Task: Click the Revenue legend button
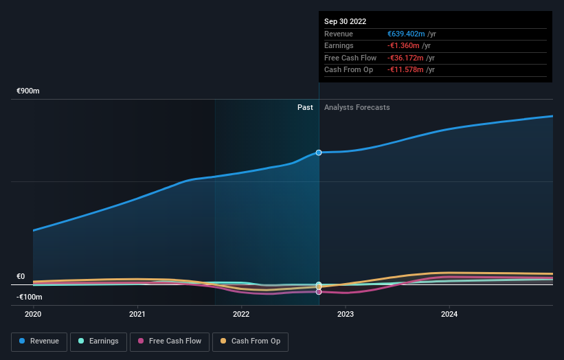39,341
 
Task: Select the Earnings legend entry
98,341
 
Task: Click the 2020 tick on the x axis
33,314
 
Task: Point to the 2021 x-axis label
137,314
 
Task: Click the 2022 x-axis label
241,314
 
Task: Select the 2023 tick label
346,314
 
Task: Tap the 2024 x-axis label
449,314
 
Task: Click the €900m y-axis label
29,91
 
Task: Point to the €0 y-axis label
21,277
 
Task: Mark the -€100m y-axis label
29,297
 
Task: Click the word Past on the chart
305,107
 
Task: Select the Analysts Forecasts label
357,107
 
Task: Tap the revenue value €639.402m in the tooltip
407,34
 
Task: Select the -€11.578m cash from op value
405,70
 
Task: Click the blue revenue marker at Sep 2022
319,153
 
